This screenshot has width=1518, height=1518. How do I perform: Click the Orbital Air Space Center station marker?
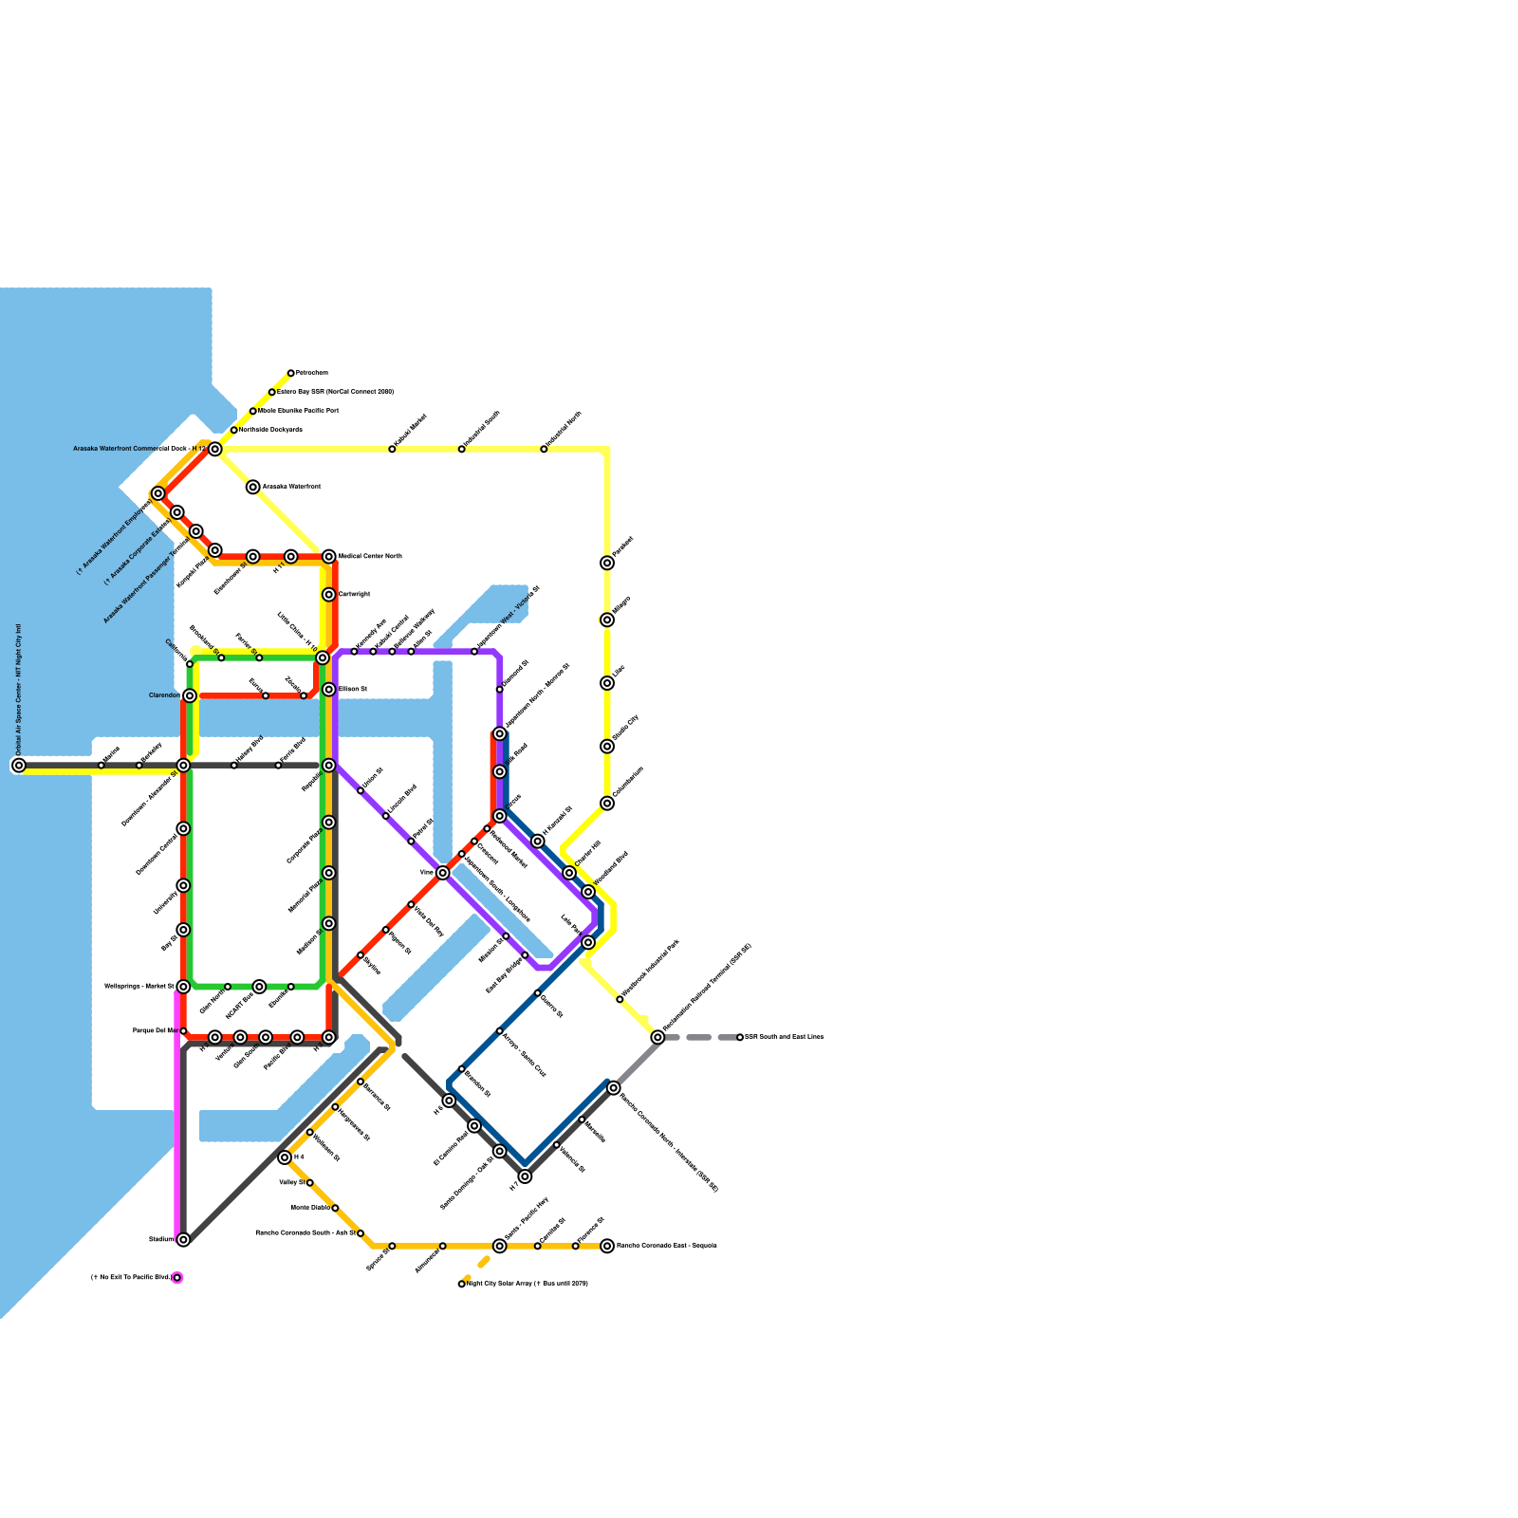pos(18,765)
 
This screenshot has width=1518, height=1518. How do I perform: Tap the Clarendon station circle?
pos(190,695)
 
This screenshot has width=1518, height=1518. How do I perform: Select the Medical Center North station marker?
pos(328,556)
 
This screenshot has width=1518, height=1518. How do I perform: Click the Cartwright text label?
pos(354,594)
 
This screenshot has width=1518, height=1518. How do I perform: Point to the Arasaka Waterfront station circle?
pos(252,487)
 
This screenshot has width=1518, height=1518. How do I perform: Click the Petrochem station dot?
pos(290,373)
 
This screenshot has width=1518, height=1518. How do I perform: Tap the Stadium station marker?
pos(183,1239)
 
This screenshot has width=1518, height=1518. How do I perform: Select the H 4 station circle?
pos(285,1157)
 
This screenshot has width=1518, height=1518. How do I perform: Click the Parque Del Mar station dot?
pos(183,1030)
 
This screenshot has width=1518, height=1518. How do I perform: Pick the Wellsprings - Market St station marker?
pos(183,987)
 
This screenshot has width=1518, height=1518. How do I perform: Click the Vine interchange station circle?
pos(442,873)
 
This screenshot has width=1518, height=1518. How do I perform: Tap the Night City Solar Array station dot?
pos(462,1284)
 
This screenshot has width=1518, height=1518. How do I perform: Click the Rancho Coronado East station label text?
pos(666,1246)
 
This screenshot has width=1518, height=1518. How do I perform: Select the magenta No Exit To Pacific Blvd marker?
pos(176,1278)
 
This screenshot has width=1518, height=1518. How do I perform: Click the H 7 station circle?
pos(525,1176)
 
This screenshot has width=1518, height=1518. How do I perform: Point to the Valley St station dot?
pos(309,1183)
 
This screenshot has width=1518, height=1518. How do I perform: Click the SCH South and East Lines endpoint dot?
pos(740,1037)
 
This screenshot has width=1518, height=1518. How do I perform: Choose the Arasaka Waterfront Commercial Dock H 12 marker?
pos(215,449)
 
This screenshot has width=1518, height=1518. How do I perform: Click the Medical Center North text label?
pos(370,556)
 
